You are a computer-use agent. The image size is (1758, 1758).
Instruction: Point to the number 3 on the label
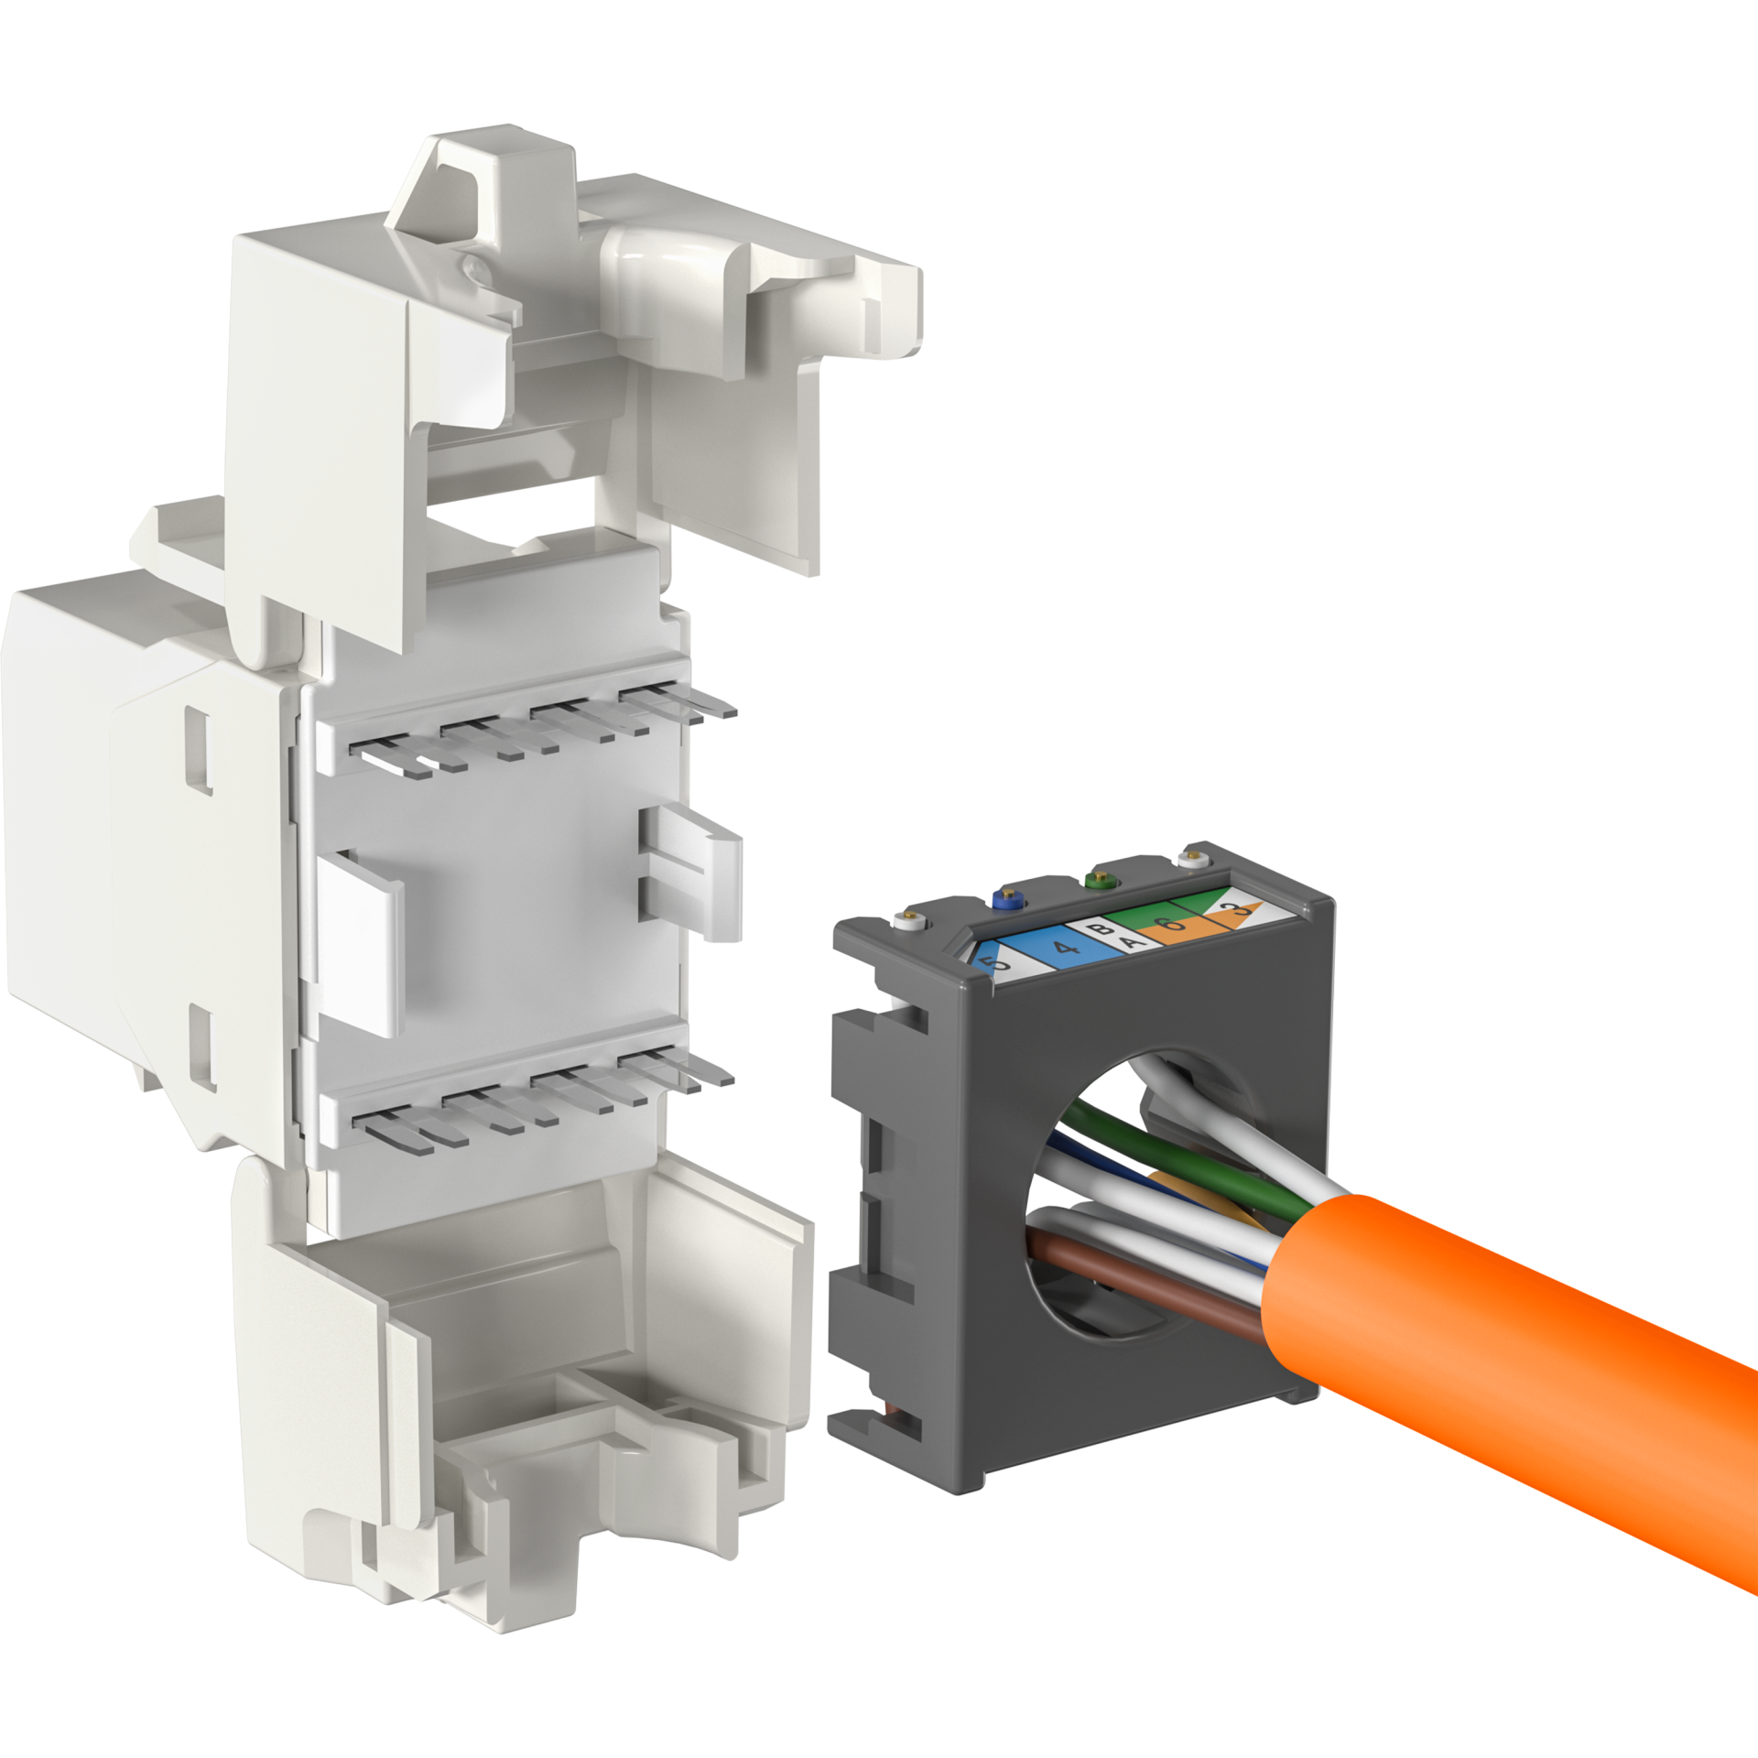(1242, 910)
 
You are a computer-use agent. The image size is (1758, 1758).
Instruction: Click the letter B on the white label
(1108, 928)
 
